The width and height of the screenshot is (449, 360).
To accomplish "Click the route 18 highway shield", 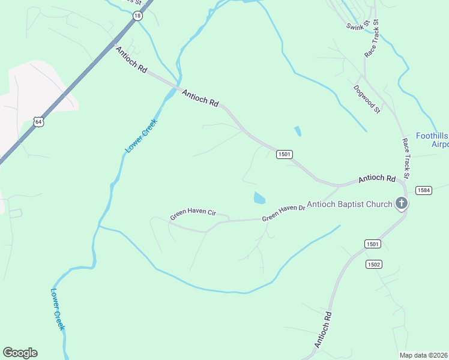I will click(x=138, y=16).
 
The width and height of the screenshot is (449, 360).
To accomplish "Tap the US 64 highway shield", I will click(x=38, y=122).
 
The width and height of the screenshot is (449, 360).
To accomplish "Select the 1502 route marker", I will click(x=373, y=264).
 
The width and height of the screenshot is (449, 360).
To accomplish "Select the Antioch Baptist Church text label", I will click(x=349, y=205).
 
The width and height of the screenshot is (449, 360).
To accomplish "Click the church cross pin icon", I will click(x=402, y=204).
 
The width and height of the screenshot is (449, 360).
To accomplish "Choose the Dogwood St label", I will click(x=367, y=98).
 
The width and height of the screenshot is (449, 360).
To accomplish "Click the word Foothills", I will click(x=432, y=136).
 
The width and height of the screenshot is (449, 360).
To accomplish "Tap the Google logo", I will click(x=20, y=352).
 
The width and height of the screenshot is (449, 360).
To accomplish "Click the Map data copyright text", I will click(x=424, y=355).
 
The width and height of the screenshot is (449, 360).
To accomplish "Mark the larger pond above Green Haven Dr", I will click(x=259, y=197).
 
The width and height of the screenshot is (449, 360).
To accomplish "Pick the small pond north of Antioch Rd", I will click(x=298, y=131).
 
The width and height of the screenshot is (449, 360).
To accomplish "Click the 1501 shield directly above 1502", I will click(x=372, y=244).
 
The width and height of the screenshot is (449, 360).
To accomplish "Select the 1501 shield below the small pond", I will click(x=285, y=154).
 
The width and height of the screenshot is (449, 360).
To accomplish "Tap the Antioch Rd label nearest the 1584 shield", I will click(x=377, y=179).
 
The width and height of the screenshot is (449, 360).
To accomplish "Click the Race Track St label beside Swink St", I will click(x=372, y=38).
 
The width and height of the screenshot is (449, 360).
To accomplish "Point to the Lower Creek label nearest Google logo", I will click(x=58, y=310).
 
